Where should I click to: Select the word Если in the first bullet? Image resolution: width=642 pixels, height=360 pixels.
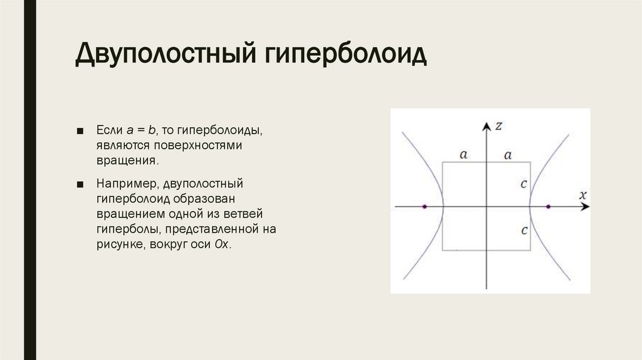[x=107, y=130]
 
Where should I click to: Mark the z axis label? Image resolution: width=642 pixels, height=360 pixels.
[x=498, y=125]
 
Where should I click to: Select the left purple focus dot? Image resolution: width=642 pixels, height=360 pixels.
[x=425, y=206]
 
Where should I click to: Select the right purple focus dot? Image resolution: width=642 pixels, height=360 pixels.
[x=548, y=206]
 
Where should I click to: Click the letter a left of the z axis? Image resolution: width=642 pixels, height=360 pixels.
[x=463, y=154]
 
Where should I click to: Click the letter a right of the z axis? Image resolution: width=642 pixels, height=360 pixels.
[x=508, y=154]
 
